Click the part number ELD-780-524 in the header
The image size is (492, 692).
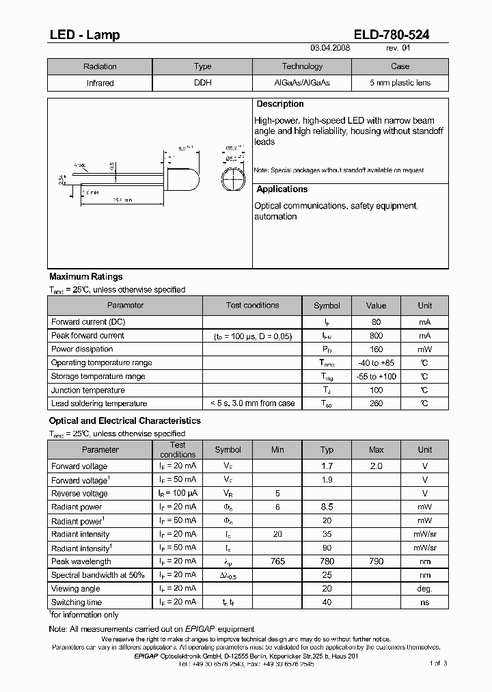coord(392,35)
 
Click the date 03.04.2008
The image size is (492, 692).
coord(330,49)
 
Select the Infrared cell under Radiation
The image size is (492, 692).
coord(100,83)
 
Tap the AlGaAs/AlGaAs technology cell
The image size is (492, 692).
coord(301,83)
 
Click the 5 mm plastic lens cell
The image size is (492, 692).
coord(400,83)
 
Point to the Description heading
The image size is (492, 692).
coord(279,104)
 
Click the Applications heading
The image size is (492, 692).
coord(282,189)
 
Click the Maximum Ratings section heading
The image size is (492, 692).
coord(86,277)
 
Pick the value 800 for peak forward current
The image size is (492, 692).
coord(376,336)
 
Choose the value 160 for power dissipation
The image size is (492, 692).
coord(376,349)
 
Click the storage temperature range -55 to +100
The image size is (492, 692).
coord(376,377)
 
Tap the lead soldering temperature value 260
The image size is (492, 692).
coord(376,403)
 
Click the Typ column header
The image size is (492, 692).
coord(327,450)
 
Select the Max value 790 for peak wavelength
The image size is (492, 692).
coord(376,561)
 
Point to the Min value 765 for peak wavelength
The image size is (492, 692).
coord(277,561)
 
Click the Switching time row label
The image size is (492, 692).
coord(77,602)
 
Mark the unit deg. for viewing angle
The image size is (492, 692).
coord(424,589)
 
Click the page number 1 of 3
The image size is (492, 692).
coord(438,663)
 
